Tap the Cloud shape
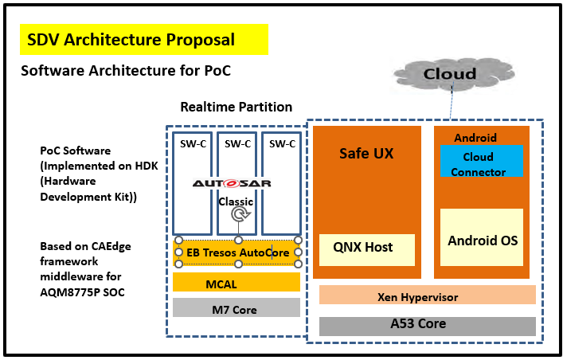click(x=449, y=74)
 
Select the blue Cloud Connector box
click(x=483, y=164)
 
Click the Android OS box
click(x=483, y=240)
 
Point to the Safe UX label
click(x=366, y=153)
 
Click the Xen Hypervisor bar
click(x=427, y=296)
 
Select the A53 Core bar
click(x=427, y=324)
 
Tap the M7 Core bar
click(x=236, y=309)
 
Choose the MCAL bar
click(x=236, y=283)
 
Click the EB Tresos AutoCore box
click(x=237, y=252)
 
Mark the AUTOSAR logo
click(x=232, y=183)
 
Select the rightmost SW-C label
click(x=282, y=144)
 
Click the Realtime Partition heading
click(x=236, y=107)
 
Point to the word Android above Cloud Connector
click(x=475, y=137)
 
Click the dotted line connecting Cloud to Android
click(x=452, y=102)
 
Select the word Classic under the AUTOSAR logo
click(x=236, y=201)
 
